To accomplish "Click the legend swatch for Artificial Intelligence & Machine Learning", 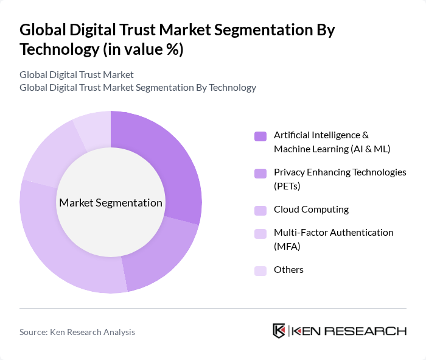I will tap(260, 136).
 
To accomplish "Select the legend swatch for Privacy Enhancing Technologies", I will tap(260, 173).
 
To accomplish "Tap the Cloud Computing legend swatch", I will tap(260, 210).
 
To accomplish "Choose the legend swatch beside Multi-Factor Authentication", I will tap(260, 233).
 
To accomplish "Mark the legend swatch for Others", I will tap(260, 270).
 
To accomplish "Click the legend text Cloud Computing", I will tap(311, 210).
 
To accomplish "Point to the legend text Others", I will tap(288, 270).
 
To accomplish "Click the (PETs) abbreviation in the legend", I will tap(287, 185).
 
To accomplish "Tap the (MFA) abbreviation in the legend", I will tap(287, 245).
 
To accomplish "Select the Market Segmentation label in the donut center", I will tap(111, 203).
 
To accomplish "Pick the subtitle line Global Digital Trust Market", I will tap(77, 75).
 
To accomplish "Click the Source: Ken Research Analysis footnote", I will tap(77, 332).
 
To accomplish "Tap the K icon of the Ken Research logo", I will tap(279, 331).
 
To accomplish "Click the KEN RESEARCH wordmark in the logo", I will tap(349, 331).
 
